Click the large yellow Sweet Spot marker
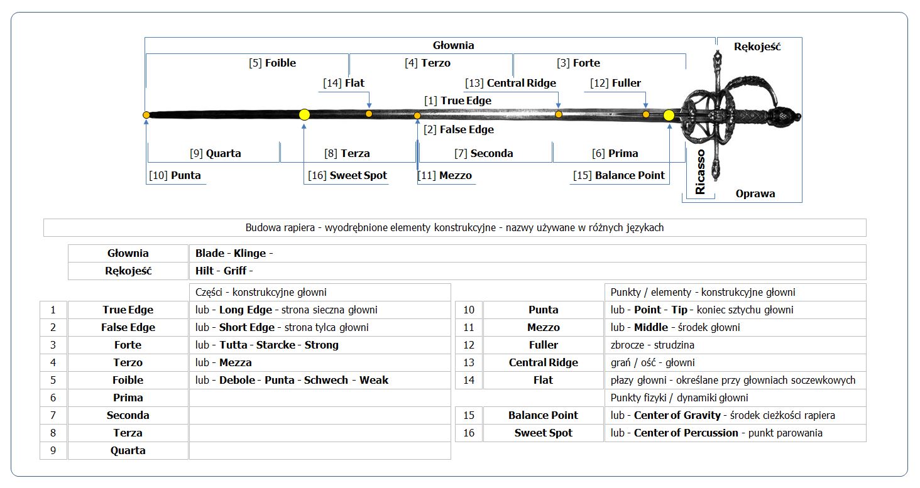coord(304,114)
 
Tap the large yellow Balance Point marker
coord(669,115)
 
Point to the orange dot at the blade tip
coord(146,115)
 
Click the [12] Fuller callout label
coord(615,83)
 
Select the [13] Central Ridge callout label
coord(510,83)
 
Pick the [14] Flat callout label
coord(344,83)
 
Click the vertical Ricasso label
coord(701,171)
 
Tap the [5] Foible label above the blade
coord(272,63)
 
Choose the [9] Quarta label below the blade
coord(215,153)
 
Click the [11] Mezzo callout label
coord(445,175)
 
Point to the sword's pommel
coord(793,116)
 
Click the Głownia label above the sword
coord(453,45)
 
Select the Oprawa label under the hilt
coord(755,193)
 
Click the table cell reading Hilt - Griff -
coord(527,271)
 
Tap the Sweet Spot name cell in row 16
coord(543,433)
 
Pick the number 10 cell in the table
coord(468,310)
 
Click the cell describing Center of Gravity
coord(735,415)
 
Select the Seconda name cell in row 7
coord(128,415)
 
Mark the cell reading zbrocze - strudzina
coord(735,345)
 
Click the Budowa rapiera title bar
coord(454,227)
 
